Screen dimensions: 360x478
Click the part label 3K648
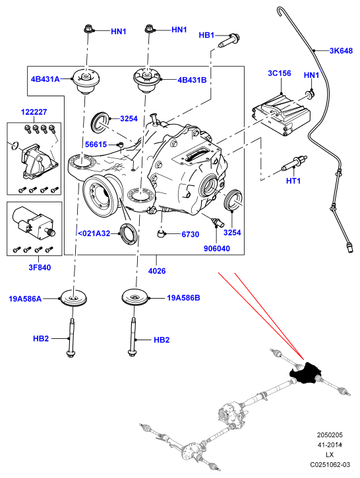coord(341,51)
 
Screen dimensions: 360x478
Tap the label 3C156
coord(279,73)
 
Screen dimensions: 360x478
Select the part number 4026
coord(157,271)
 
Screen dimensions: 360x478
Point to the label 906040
coord(217,249)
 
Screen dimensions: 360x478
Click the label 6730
coord(190,235)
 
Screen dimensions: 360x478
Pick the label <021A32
coord(94,233)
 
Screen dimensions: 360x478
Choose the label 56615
coord(96,144)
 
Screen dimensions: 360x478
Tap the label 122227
coord(34,112)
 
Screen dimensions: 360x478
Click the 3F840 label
coord(40,268)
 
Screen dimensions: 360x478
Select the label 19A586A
coord(25,299)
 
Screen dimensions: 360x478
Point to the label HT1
coord(293,181)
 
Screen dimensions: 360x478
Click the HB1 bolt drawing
coord(229,40)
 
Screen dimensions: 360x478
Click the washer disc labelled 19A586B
coord(135,296)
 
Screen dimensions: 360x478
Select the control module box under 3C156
coord(281,115)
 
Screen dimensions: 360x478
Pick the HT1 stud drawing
coord(295,163)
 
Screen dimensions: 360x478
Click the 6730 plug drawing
coord(161,234)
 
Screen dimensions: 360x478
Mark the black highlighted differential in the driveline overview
coord(305,373)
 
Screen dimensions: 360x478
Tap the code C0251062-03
coord(330,465)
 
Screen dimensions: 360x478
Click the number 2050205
coord(330,434)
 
